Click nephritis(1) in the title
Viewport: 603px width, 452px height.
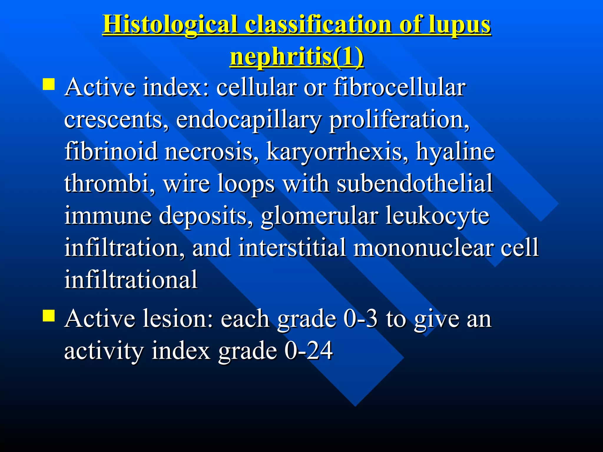point(296,57)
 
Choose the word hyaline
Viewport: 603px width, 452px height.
point(455,152)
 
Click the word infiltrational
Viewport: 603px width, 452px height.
point(131,279)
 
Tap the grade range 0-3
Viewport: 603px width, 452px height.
point(360,319)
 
